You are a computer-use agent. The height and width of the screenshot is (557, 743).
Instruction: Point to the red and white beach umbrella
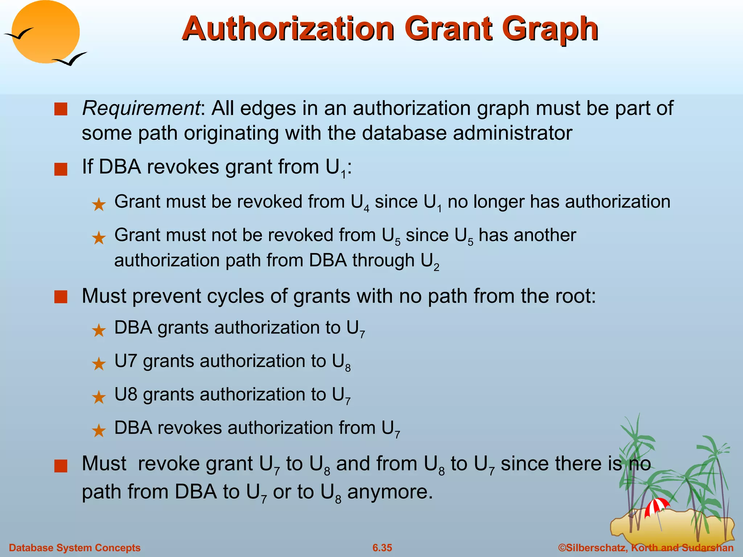pyautogui.click(x=657, y=506)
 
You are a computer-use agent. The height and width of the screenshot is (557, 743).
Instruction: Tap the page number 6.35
pyautogui.click(x=382, y=548)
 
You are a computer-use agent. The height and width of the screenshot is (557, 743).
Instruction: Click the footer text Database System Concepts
pyautogui.click(x=75, y=548)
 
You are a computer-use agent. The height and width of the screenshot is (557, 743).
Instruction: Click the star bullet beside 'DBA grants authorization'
pyautogui.click(x=99, y=330)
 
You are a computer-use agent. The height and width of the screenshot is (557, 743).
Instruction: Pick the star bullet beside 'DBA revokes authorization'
pyautogui.click(x=99, y=431)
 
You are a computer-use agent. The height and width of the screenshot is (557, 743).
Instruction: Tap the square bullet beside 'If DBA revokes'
pyautogui.click(x=61, y=169)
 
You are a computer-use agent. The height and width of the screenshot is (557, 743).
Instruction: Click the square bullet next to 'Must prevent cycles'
pyautogui.click(x=61, y=297)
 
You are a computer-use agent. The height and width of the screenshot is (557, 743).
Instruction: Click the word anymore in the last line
pyautogui.click(x=390, y=492)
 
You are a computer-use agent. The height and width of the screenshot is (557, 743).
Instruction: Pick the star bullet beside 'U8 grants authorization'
pyautogui.click(x=99, y=397)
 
